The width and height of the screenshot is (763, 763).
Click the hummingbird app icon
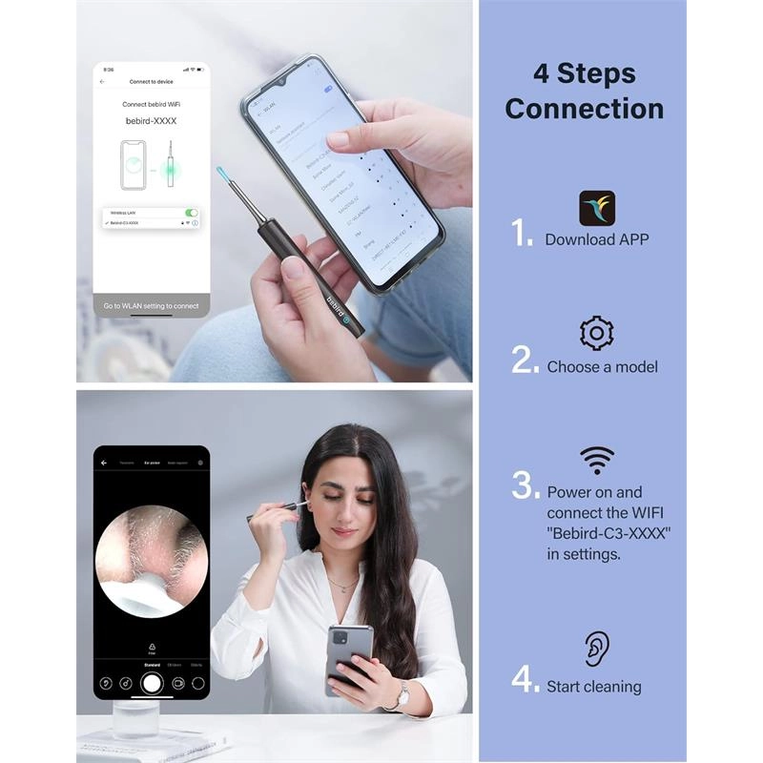point(597,208)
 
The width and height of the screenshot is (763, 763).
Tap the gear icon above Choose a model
point(597,333)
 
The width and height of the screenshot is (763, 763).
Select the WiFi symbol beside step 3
point(597,460)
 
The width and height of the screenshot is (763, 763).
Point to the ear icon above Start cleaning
point(597,649)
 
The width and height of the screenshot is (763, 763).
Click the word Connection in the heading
point(584,109)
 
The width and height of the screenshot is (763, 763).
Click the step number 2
point(525,360)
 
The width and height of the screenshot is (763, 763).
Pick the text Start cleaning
point(593,686)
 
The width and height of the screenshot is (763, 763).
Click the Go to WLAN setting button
point(152,305)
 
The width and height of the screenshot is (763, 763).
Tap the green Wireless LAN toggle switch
point(192,213)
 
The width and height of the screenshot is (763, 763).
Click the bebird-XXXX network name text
point(152,121)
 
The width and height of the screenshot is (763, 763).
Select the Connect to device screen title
point(152,82)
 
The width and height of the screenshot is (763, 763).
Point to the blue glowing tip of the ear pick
point(221,172)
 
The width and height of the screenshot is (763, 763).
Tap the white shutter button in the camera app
point(152,683)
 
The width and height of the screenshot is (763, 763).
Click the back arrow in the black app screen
point(104,463)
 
